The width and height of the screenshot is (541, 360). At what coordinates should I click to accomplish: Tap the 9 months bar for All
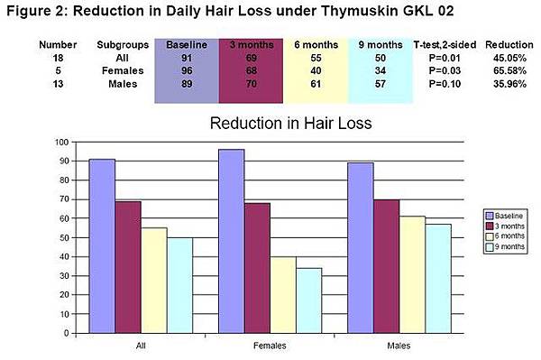point(180,285)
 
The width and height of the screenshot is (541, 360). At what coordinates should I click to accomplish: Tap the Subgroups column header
point(121,44)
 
